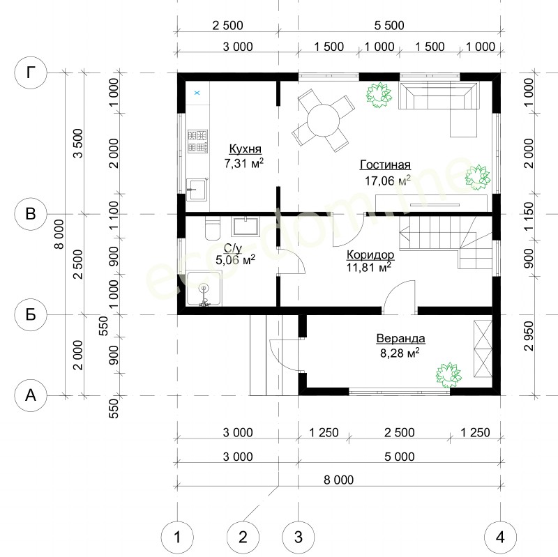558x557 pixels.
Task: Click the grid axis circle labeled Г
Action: tap(31, 73)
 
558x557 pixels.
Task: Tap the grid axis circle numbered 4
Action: tap(500, 537)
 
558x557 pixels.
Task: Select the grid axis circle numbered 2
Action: tap(243, 537)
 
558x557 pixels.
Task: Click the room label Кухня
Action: tap(245, 148)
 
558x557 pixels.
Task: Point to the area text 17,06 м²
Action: tap(387, 181)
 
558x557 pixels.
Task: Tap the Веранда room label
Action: tap(400, 338)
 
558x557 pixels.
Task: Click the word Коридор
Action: tap(370, 254)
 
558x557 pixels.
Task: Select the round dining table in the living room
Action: tap(324, 120)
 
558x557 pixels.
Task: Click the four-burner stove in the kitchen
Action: tap(197, 142)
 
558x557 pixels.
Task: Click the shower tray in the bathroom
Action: tap(204, 288)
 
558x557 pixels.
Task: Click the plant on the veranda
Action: tap(448, 375)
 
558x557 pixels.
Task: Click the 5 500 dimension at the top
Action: tap(389, 25)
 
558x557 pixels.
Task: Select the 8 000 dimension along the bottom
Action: tap(338, 480)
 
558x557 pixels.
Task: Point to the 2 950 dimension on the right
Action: tap(529, 336)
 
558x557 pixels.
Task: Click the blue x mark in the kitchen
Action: tap(197, 93)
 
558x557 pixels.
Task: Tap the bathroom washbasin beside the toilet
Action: tap(245, 227)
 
